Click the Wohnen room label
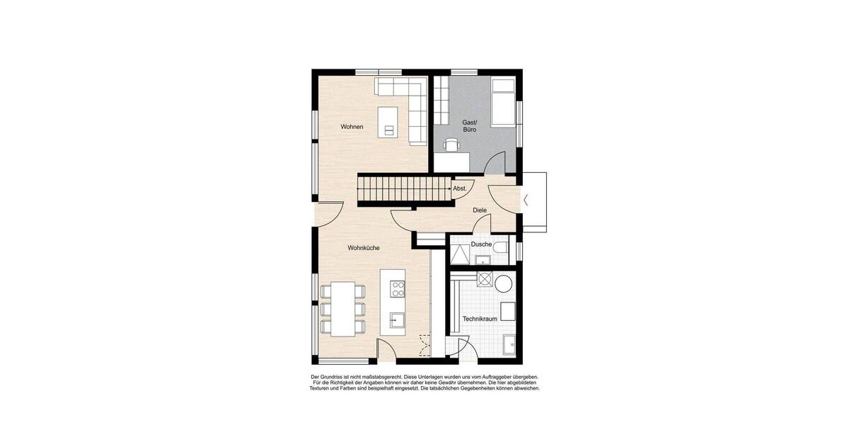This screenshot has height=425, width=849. (352, 127)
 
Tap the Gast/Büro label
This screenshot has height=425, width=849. (469, 126)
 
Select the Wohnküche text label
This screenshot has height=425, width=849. (364, 248)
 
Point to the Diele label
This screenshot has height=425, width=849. (480, 210)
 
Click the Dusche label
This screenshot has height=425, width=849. (482, 244)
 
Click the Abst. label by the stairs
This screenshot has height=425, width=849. (460, 188)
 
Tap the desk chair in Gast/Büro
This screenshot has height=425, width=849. (451, 145)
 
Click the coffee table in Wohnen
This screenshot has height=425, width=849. (388, 120)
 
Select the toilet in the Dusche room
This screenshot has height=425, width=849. (501, 247)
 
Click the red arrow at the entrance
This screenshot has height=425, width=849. (527, 200)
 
